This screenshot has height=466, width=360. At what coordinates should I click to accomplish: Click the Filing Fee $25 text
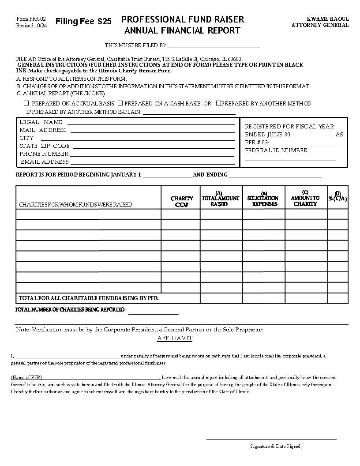[83, 22]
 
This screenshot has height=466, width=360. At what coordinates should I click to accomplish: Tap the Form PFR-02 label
[31, 19]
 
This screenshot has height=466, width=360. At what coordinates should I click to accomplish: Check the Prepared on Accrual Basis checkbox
[26, 103]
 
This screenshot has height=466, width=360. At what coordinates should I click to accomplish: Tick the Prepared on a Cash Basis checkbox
[120, 103]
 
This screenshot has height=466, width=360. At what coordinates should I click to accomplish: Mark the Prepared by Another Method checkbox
[218, 103]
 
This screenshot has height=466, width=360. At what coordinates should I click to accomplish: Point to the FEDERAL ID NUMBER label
[276, 150]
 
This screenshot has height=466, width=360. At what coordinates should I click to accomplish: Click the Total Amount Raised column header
[221, 199]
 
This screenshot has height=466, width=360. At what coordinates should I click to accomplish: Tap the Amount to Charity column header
[305, 199]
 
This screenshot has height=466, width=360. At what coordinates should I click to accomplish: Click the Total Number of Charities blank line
[153, 314]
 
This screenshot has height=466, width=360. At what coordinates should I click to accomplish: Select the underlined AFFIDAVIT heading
[175, 338]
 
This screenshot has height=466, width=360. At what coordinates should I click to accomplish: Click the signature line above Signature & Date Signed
[271, 439]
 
